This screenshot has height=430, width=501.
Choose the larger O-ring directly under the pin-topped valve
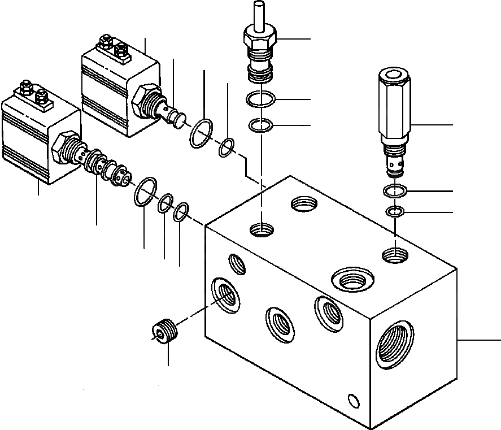[260, 101]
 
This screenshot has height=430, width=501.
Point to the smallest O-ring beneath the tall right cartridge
[394, 212]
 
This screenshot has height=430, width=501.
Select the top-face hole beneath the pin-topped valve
[261, 230]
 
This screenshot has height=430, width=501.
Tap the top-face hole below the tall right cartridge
[395, 255]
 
